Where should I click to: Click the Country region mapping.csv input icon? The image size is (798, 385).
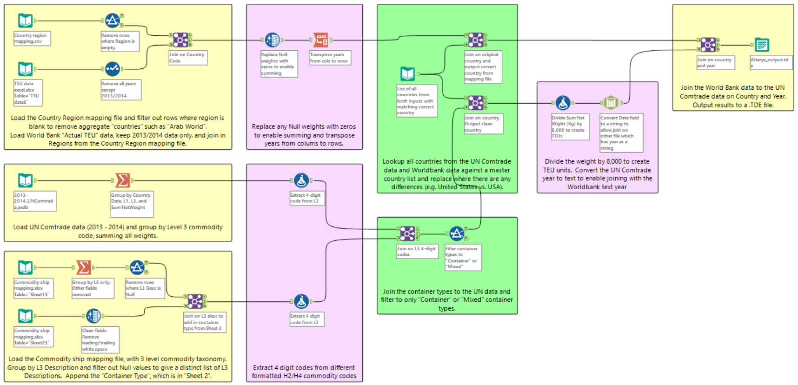click(25, 20)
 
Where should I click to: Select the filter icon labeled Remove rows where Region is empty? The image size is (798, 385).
click(112, 20)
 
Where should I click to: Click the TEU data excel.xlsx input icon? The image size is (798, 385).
click(25, 69)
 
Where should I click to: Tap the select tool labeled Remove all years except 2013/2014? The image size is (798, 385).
click(112, 69)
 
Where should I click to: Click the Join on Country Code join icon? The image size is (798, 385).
click(180, 40)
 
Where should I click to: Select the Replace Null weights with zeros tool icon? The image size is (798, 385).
click(272, 40)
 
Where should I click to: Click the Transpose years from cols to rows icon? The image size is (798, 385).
click(320, 40)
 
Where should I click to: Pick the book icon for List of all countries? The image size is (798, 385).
click(407, 73)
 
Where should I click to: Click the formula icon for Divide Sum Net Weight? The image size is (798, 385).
click(563, 103)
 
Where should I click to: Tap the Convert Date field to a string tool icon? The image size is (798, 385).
click(611, 103)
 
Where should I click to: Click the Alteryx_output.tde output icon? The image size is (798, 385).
click(762, 45)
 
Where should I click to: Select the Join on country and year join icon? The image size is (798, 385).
click(708, 45)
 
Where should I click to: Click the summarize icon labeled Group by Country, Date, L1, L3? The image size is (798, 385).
click(122, 180)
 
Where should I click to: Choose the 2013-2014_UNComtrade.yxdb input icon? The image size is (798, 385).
click(25, 180)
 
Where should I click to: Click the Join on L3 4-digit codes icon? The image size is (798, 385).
click(407, 233)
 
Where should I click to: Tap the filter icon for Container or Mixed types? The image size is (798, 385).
click(456, 233)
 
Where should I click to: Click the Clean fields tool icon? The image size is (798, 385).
click(93, 316)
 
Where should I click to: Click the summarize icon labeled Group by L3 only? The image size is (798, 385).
click(83, 267)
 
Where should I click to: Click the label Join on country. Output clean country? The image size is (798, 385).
click(483, 124)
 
